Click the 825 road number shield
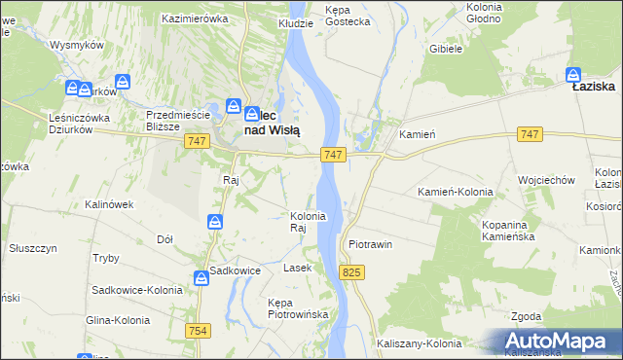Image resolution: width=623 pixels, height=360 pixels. coord(351,274)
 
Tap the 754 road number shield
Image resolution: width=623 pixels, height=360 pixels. coord(199,331)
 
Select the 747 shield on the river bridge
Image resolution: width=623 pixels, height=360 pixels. coord(333,155)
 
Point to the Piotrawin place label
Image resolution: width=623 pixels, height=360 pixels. coord(370,244)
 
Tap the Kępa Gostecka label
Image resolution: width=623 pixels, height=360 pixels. coord(348,15)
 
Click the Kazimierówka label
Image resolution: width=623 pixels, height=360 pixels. coord(195,18)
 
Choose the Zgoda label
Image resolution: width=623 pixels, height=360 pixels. coord(527,316)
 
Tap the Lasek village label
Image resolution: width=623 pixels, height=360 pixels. coord(296,267)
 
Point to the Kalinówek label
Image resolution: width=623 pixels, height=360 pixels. coord(108,204)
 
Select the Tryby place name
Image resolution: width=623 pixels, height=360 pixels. coord(105,258)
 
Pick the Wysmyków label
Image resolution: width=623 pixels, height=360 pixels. coord(77,46)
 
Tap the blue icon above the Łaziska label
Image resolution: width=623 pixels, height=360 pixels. coord(574,74)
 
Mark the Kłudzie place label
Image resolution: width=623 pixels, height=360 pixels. coord(295,21)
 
